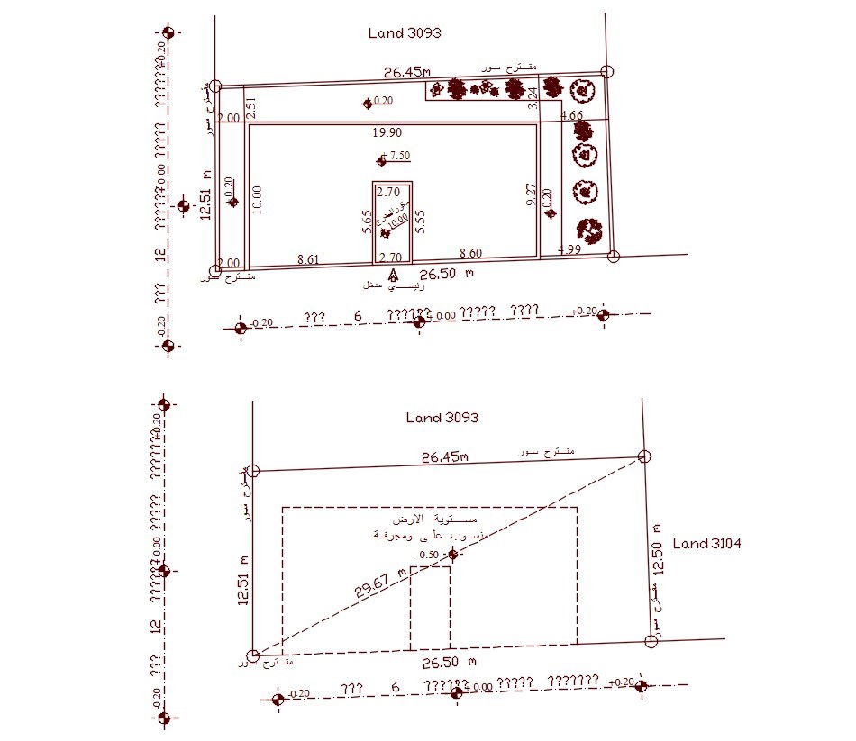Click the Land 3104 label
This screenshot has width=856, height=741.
706,543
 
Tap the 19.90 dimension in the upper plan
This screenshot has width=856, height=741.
387,132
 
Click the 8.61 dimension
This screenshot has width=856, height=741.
308,258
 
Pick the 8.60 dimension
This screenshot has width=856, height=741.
470,254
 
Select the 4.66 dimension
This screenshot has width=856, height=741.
572,115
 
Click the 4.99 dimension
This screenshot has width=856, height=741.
569,249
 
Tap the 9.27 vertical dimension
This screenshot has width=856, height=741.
531,195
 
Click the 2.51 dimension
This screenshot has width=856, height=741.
252,108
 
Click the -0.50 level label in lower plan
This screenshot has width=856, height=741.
428,555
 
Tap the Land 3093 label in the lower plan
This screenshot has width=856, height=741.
442,418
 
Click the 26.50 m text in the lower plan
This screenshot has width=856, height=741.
449,663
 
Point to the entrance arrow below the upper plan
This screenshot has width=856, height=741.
392,275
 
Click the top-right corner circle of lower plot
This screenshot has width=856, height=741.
643,457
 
